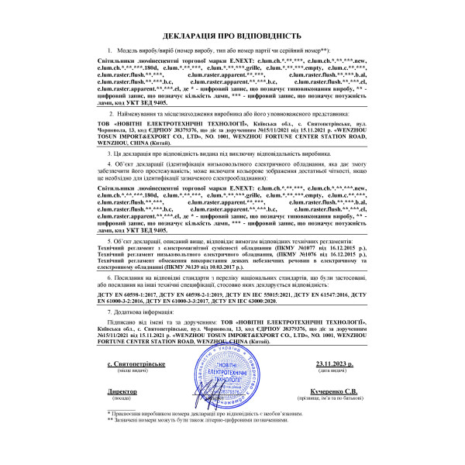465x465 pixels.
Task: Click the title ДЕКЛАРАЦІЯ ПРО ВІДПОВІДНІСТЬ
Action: (x=232, y=36)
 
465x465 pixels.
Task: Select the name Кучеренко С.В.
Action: (x=335, y=392)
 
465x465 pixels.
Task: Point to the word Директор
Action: (x=122, y=392)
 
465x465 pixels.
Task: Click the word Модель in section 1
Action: (x=127, y=50)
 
